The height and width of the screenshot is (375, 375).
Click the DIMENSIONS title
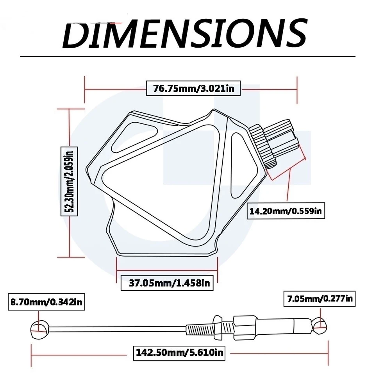[185, 34]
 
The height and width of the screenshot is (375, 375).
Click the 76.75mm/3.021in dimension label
[193, 89]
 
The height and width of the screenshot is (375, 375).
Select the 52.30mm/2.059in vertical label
[70, 181]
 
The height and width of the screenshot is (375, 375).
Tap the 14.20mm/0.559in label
[286, 211]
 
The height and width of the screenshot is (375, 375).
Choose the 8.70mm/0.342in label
[46, 302]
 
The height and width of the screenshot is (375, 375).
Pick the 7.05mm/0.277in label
[320, 299]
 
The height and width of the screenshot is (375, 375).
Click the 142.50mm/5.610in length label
[179, 352]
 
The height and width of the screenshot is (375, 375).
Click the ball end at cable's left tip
[39, 329]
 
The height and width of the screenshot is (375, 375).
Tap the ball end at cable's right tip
[319, 326]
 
